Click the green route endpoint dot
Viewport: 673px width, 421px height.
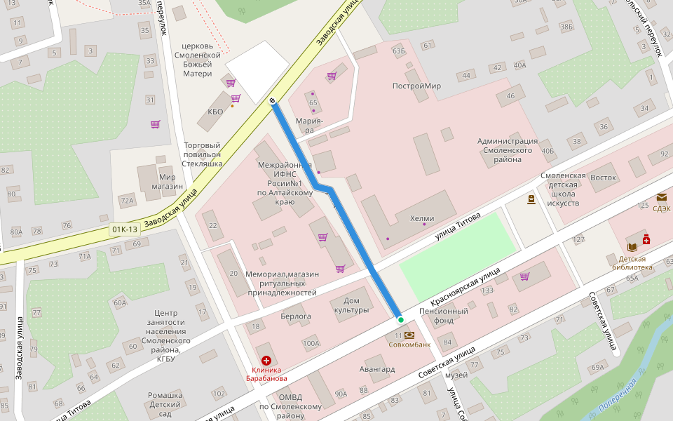(401, 320)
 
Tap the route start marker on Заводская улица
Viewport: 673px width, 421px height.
(272, 101)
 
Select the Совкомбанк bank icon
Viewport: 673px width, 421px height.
(409, 335)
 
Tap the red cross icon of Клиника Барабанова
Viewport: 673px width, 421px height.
(266, 359)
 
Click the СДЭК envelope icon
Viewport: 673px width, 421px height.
(662, 197)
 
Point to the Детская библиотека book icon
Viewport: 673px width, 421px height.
(632, 247)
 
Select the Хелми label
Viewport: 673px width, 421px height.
(422, 218)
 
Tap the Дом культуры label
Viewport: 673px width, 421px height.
(351, 305)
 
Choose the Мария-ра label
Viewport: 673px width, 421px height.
(309, 125)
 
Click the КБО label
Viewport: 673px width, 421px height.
(215, 112)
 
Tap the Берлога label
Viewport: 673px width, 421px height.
(295, 316)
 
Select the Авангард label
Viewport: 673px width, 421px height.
(377, 369)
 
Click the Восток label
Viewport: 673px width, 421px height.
(603, 178)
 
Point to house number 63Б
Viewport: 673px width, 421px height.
(400, 51)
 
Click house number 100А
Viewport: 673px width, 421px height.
(311, 343)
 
